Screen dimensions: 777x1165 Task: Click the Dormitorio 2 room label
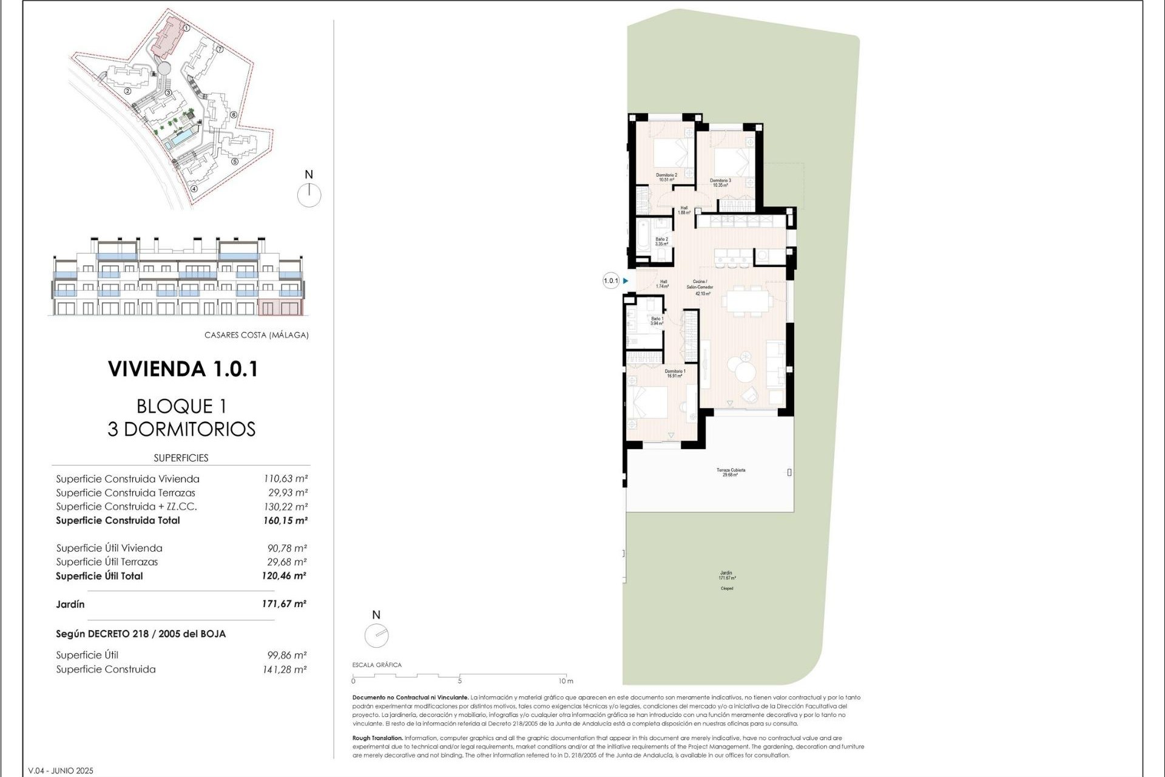point(666,177)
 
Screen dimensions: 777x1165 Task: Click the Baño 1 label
point(657,321)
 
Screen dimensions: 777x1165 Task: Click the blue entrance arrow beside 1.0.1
point(626,280)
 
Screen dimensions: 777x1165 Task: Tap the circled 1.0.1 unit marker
point(611,280)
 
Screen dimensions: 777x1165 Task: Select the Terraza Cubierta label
point(731,472)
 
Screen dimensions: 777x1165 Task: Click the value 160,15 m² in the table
point(285,520)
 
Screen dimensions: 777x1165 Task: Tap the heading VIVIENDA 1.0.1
point(183,368)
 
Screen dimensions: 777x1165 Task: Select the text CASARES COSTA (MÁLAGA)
point(256,335)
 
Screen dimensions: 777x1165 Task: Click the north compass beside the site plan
point(309,195)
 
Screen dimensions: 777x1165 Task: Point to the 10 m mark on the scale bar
point(565,680)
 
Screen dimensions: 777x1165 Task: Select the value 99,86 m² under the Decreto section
point(287,655)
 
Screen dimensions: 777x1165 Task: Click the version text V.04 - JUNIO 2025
point(61,770)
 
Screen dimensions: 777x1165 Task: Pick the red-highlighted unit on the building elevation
point(280,307)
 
